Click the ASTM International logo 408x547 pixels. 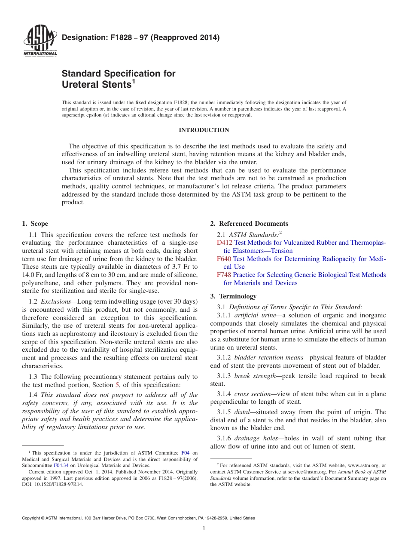[x=40, y=41]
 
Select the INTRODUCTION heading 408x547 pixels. [x=204, y=130]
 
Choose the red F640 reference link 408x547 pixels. [x=224, y=259]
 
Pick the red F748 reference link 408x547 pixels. [x=224, y=275]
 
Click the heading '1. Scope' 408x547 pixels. [x=35, y=224]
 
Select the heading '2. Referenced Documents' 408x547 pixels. [x=249, y=224]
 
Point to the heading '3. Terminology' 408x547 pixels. [x=233, y=296]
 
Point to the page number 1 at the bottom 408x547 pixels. [x=204, y=529]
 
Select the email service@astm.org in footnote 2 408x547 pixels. [x=294, y=472]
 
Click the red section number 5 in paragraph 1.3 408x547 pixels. [x=117, y=385]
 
